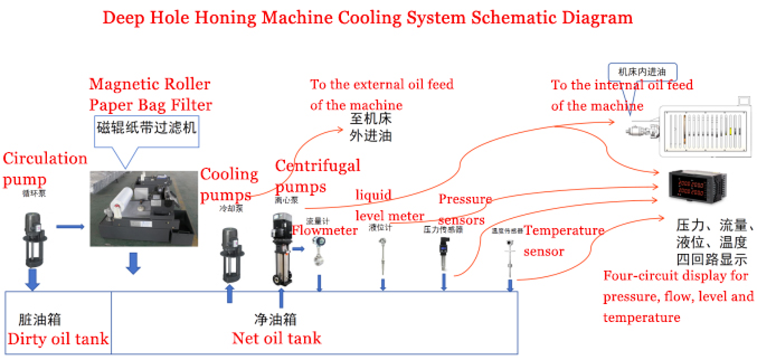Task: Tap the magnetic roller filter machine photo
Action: [x=144, y=208]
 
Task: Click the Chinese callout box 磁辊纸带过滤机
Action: [x=146, y=128]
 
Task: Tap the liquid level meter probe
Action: [x=383, y=256]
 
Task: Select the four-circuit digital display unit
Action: [x=696, y=185]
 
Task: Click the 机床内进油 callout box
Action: [x=642, y=72]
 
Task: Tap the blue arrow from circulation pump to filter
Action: [x=70, y=226]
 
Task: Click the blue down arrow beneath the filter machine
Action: [x=133, y=263]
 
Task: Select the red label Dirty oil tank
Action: [x=58, y=339]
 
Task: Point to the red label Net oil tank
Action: [x=276, y=338]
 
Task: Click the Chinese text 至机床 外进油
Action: [x=370, y=127]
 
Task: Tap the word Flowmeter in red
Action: [x=324, y=230]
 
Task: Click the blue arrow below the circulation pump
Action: [x=32, y=279]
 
